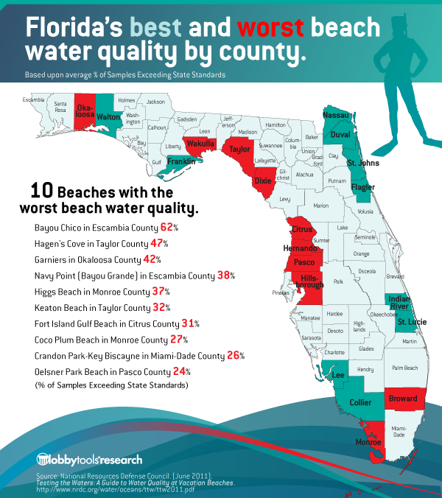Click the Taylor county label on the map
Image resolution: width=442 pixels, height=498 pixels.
[x=239, y=149]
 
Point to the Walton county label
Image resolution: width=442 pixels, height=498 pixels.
[x=108, y=116]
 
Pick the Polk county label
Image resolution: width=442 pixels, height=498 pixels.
[x=339, y=281]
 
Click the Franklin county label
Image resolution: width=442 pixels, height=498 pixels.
[x=181, y=161]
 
